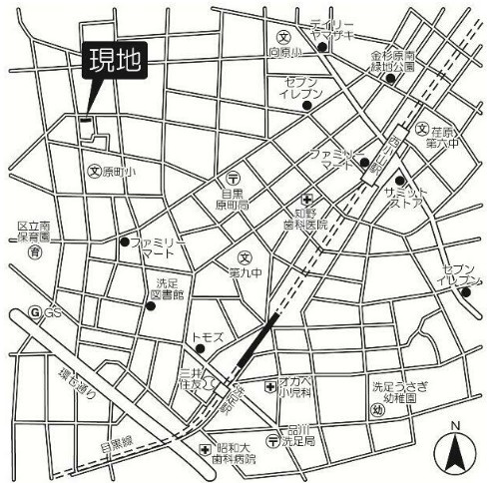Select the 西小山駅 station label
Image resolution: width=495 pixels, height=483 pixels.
[392, 156]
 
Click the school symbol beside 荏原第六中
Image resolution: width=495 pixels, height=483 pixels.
[423, 129]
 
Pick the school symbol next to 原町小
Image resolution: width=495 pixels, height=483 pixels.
[96, 172]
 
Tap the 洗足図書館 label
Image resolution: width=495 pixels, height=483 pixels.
[167, 288]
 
